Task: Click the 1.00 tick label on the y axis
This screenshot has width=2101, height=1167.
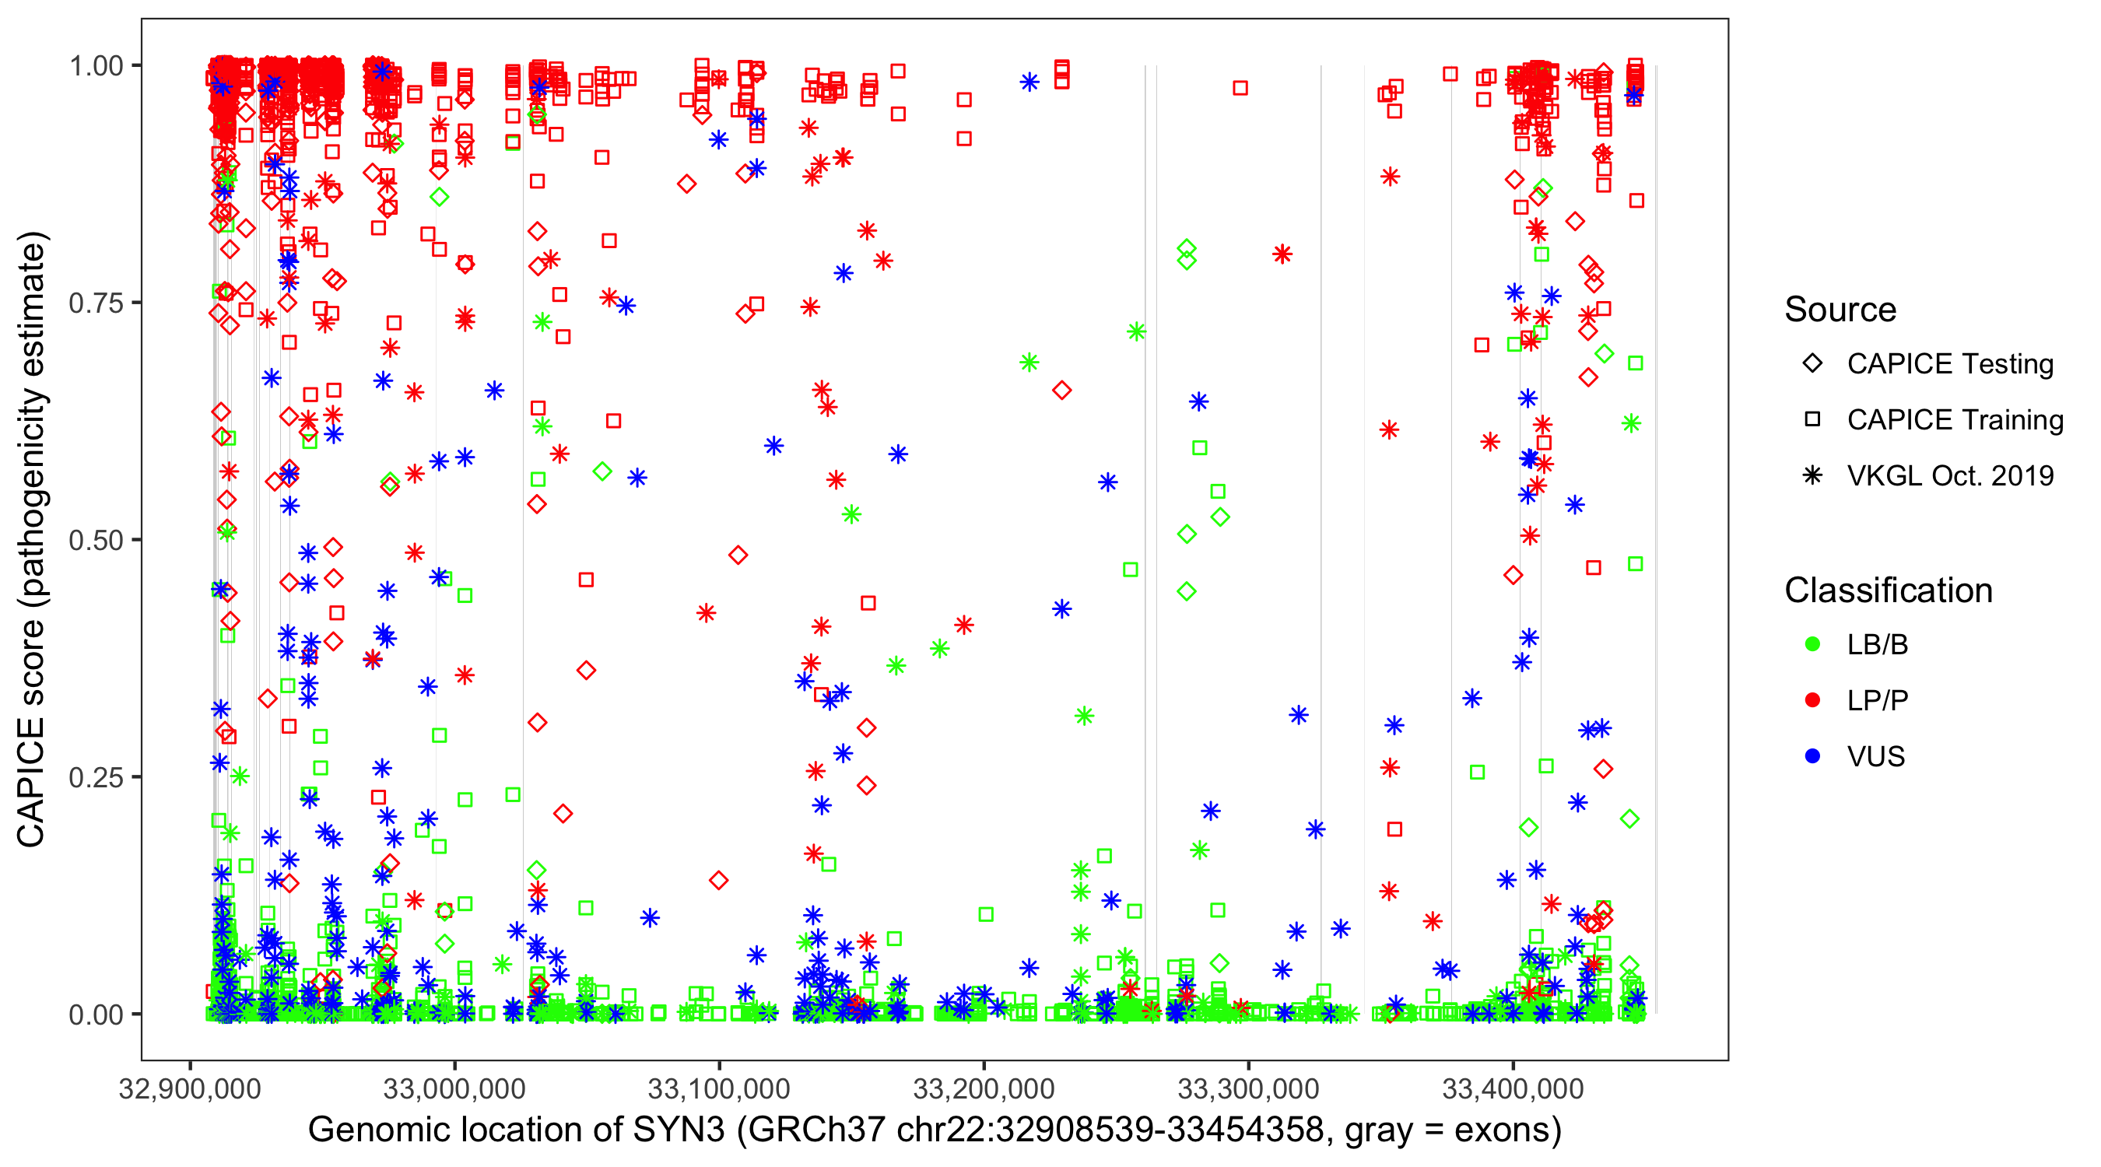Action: tap(96, 66)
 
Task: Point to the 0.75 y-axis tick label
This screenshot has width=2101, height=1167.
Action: tap(96, 303)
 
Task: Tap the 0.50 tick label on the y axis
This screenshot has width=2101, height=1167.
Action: tap(96, 541)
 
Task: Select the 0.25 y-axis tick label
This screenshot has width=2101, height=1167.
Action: tap(96, 777)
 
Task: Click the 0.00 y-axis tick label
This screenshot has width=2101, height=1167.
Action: tap(96, 1015)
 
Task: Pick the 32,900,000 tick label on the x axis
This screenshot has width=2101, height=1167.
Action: tap(190, 1088)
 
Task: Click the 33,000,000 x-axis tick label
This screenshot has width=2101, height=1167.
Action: tap(454, 1088)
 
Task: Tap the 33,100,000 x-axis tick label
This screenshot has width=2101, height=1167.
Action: tap(718, 1088)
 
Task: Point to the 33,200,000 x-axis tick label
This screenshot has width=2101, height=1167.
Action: tap(984, 1088)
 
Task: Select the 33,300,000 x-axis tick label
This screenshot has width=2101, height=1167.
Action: tap(1248, 1088)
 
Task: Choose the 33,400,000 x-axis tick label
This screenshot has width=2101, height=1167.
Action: tap(1513, 1088)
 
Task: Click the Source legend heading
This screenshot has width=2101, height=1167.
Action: tap(1840, 310)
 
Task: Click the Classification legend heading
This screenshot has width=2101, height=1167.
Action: tap(1888, 591)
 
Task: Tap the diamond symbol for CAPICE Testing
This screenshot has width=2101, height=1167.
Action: tap(1813, 364)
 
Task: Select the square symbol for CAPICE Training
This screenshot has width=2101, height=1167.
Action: tap(1813, 420)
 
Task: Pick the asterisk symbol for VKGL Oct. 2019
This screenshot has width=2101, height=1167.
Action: tap(1813, 475)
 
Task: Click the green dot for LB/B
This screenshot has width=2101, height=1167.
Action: tap(1813, 644)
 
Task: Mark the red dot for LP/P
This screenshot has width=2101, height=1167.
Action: tap(1813, 700)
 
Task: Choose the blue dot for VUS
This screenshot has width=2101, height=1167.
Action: tap(1813, 756)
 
